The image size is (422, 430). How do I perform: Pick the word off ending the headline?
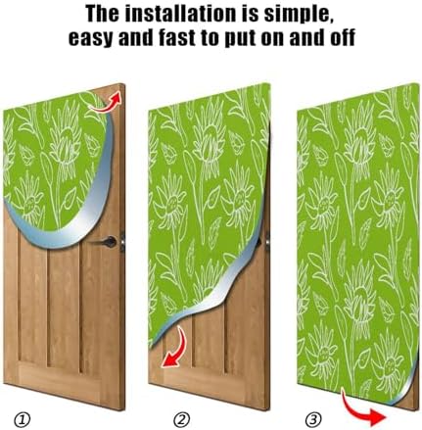pos(334,39)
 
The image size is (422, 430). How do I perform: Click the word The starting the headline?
pos(103,16)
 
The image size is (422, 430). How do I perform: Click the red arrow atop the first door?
pos(114,97)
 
